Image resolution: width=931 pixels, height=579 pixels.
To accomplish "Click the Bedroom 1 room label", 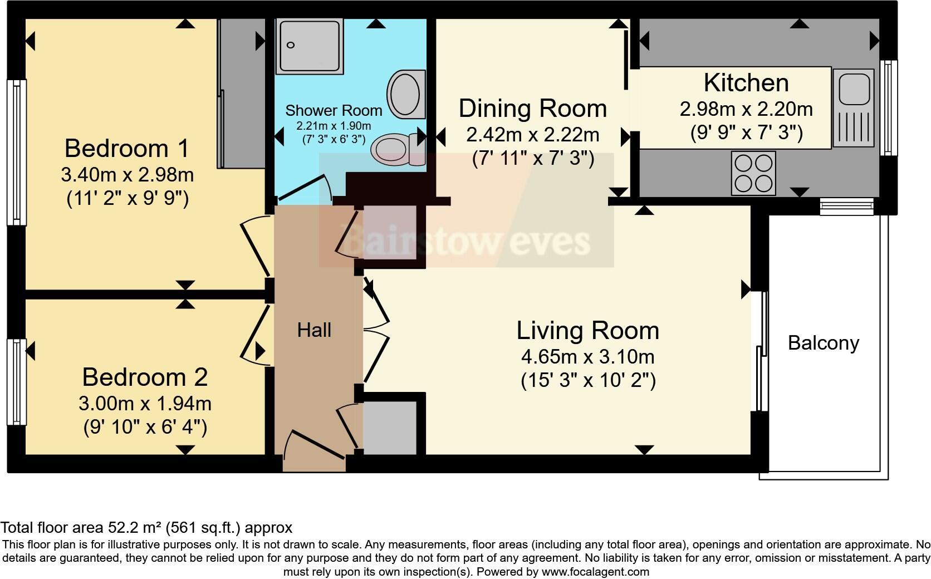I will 127,149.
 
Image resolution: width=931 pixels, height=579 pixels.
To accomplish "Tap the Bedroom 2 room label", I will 145,377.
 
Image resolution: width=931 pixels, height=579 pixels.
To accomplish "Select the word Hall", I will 314,330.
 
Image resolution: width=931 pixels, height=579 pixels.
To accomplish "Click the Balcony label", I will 823,343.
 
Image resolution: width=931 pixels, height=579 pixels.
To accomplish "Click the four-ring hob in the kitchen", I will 753,173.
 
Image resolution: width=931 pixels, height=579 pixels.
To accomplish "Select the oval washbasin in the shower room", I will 405,94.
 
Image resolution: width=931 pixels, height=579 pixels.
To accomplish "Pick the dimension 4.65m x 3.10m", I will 587,356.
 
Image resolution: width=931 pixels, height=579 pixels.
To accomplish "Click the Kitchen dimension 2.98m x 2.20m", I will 746,109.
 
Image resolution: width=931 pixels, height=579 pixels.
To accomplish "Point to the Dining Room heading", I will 532,109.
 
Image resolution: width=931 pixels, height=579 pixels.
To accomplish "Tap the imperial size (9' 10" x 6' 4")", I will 145,428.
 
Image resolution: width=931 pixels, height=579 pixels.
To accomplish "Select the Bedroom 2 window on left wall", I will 16,381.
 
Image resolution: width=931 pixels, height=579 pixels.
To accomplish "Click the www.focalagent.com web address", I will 595,572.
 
